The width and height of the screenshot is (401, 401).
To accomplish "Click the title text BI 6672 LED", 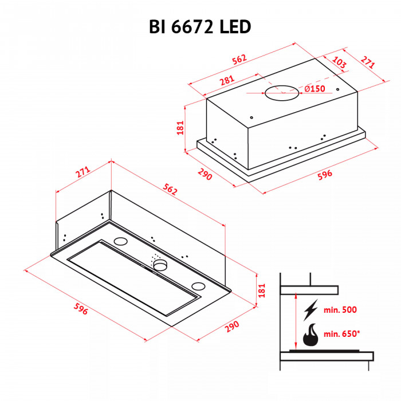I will coord(200,26).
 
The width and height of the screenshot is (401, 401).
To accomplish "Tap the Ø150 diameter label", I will coord(314,88).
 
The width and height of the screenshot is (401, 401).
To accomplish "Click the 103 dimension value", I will coord(339,64).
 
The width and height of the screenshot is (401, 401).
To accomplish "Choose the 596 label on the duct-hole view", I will coord(324,175).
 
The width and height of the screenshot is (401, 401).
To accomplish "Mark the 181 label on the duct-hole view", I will coord(180,128).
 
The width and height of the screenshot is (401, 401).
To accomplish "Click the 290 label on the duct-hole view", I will coord(204,174).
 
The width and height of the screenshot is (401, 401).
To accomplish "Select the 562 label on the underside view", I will coord(170,190).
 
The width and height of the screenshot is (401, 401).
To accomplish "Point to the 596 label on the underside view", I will coord(81,309).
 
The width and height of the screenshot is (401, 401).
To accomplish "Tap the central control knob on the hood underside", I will coord(160,264).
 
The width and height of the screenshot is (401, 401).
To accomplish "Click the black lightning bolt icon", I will coord(310,311).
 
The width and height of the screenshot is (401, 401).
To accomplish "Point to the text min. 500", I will coord(340,310).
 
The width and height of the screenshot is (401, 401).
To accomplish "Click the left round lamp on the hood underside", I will coord(121,241).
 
